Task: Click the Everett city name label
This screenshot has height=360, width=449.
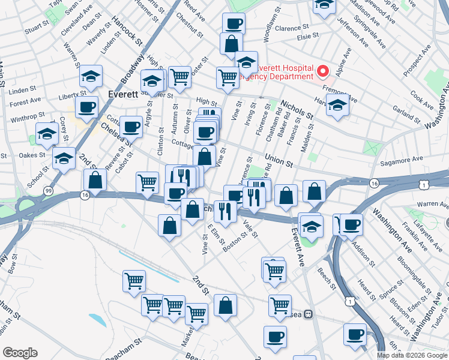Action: coord(124,94)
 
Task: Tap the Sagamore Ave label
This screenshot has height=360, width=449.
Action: coord(401,159)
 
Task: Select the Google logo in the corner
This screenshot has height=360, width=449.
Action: coord(20,352)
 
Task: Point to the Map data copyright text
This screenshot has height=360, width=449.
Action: coord(412,355)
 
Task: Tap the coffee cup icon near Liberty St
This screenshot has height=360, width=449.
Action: coord(87,107)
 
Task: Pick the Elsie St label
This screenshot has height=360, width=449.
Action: coord(311,37)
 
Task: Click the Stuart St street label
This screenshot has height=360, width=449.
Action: coord(37,28)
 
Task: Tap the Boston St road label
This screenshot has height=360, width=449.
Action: coord(235,242)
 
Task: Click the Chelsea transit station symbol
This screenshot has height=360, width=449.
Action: coord(308,314)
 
